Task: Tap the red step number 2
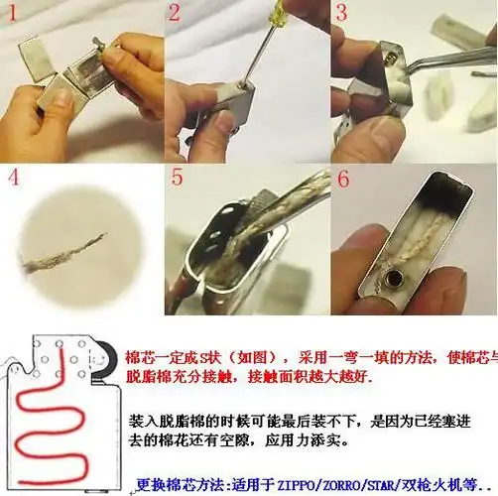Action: (176, 14)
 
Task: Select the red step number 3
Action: (341, 14)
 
